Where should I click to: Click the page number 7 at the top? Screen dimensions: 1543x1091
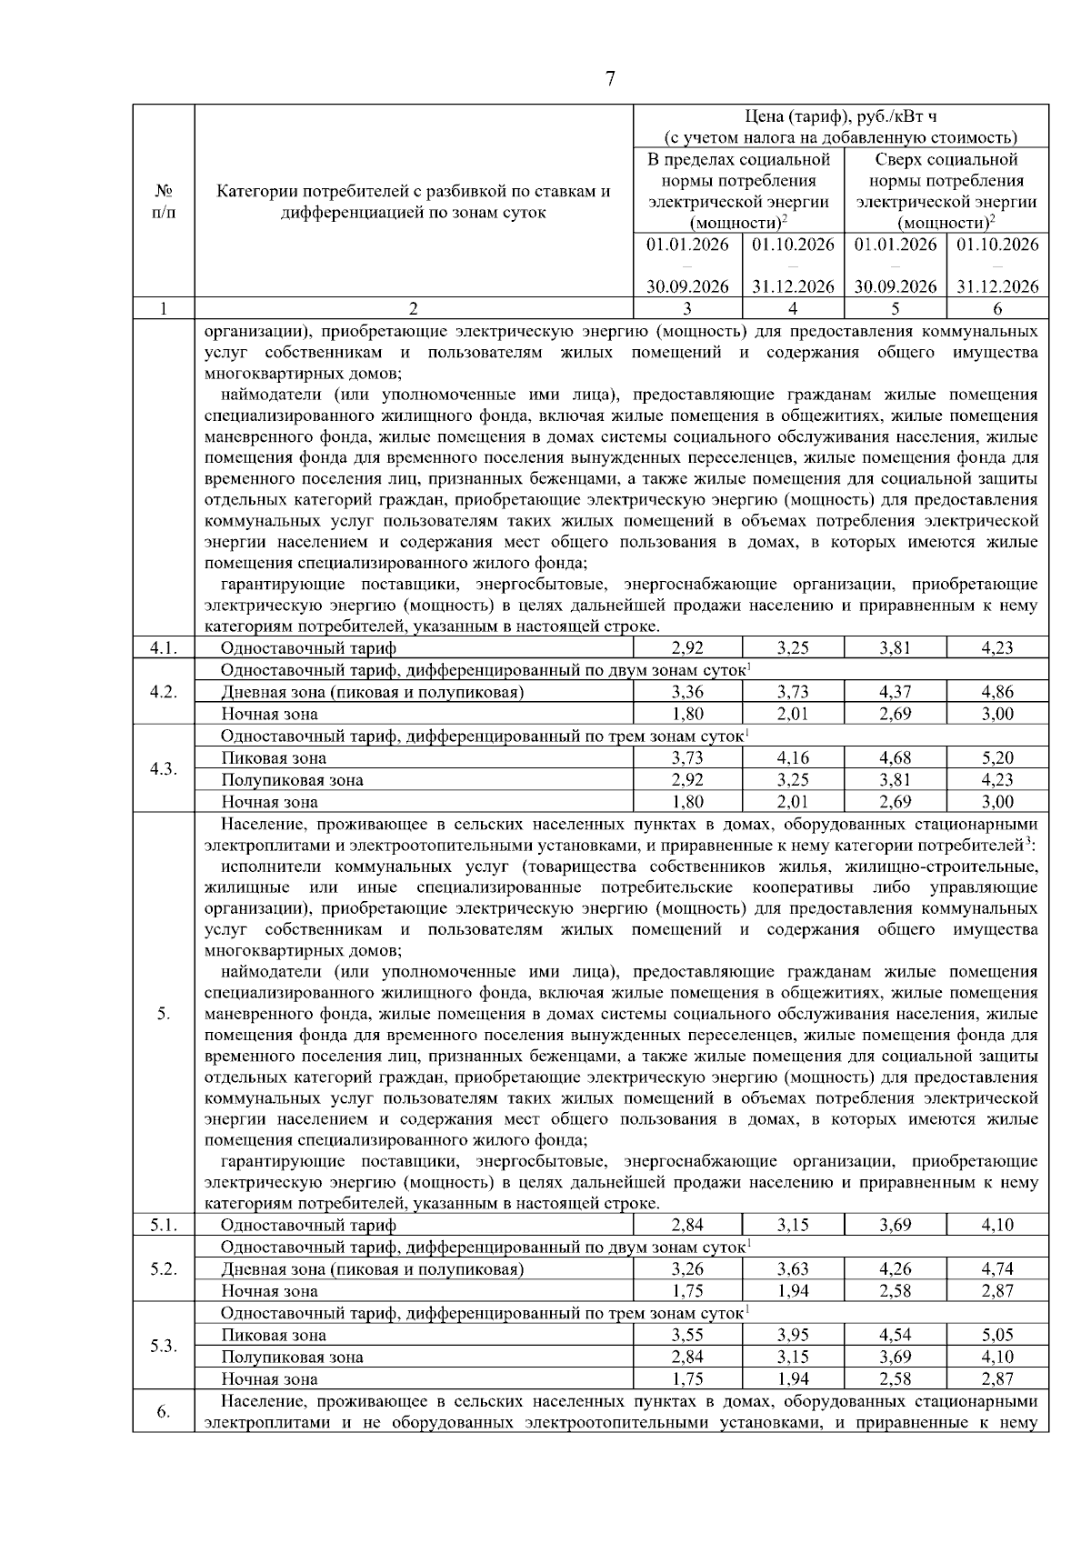click(x=610, y=79)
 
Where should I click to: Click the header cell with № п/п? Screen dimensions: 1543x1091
click(x=164, y=202)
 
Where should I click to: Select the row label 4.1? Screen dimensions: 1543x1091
click(x=164, y=648)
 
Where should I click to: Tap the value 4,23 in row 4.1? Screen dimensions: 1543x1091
click(x=997, y=648)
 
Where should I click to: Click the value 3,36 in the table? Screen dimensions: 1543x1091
click(x=687, y=692)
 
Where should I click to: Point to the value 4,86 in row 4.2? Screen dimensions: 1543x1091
click(x=997, y=692)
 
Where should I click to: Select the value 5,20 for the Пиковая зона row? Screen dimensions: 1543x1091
click(x=997, y=758)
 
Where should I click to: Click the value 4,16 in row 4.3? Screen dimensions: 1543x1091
click(x=793, y=758)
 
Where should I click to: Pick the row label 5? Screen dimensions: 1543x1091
click(x=164, y=1014)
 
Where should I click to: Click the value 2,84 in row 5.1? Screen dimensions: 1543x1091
click(x=687, y=1226)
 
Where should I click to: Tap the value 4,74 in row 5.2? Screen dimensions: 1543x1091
click(x=997, y=1269)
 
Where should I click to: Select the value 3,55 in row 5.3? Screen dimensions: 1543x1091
click(x=687, y=1336)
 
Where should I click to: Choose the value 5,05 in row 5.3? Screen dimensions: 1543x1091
click(x=997, y=1336)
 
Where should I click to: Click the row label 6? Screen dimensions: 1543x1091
click(x=164, y=1412)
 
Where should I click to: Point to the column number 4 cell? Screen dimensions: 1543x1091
click(x=793, y=308)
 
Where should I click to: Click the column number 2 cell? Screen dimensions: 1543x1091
click(x=414, y=308)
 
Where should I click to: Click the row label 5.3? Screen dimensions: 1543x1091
click(x=164, y=1347)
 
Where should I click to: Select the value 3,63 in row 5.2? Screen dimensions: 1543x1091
click(x=793, y=1269)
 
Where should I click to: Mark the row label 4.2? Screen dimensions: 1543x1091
click(x=164, y=692)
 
